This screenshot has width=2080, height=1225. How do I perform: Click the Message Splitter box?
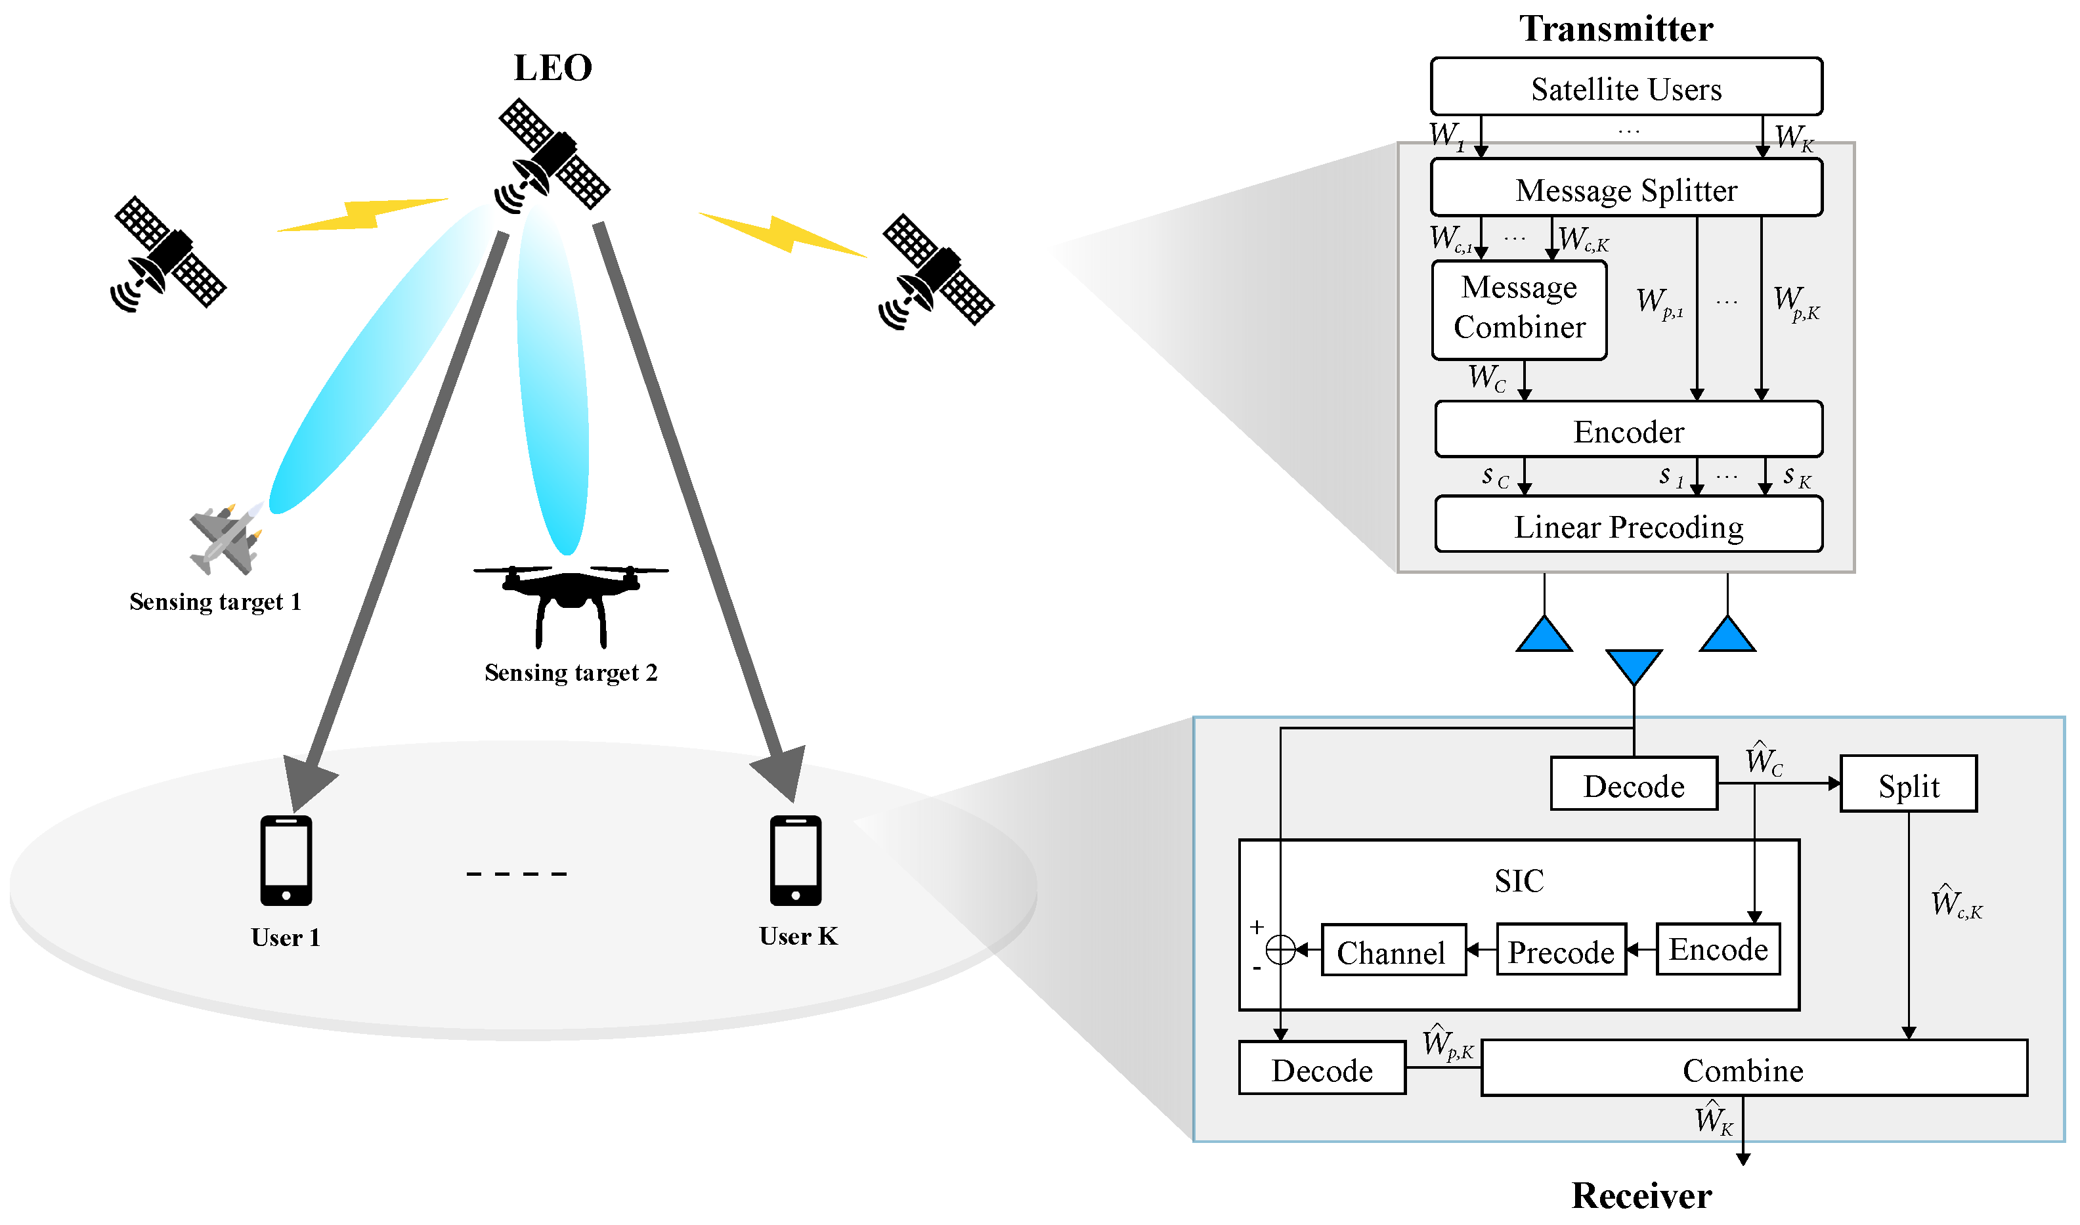pyautogui.click(x=1626, y=189)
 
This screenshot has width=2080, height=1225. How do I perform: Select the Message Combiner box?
pyautogui.click(x=1519, y=309)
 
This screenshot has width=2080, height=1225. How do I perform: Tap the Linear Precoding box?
pyautogui.click(x=1628, y=525)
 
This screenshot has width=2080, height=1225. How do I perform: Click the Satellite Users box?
pyautogui.click(x=1626, y=87)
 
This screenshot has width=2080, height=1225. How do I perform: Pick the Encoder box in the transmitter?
pyautogui.click(x=1628, y=430)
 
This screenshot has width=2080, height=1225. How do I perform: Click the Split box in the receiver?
pyautogui.click(x=1909, y=784)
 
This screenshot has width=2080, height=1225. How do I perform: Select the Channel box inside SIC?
pyautogui.click(x=1393, y=951)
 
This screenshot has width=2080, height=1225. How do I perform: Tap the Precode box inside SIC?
pyautogui.click(x=1561, y=951)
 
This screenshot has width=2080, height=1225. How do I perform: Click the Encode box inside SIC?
pyautogui.click(x=1718, y=949)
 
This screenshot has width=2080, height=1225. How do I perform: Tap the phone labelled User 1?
pyautogui.click(x=286, y=861)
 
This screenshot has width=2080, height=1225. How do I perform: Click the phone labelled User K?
pyautogui.click(x=796, y=861)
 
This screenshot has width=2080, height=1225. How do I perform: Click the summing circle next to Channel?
pyautogui.click(x=1280, y=950)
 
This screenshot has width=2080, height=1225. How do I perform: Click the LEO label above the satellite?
pyautogui.click(x=552, y=68)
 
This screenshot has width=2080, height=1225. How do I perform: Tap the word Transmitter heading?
pyautogui.click(x=1615, y=28)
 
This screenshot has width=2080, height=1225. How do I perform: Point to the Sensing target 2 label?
pyautogui.click(x=571, y=673)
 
